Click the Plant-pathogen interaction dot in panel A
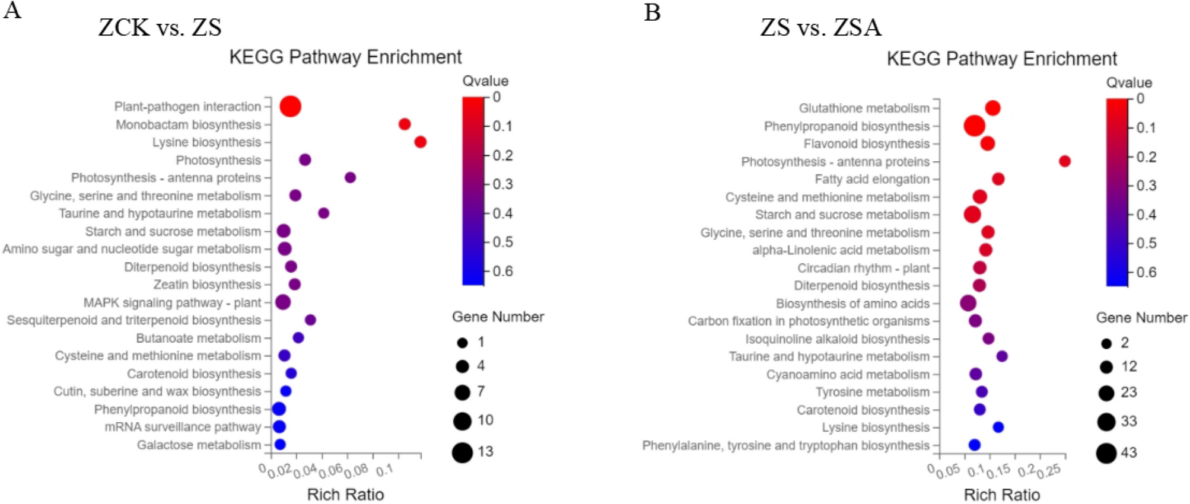[x=290, y=107]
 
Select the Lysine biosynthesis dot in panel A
[x=420, y=142]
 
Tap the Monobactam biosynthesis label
[x=188, y=125]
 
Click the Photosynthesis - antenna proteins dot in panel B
[x=1064, y=161]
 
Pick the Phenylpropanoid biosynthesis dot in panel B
[x=975, y=126]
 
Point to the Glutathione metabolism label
[x=864, y=108]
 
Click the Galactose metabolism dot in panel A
[x=280, y=445]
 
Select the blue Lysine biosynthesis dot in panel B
[x=998, y=427]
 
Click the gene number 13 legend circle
[x=462, y=452]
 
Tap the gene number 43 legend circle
[x=1106, y=453]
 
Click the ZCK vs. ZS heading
[x=160, y=27]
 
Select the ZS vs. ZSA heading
[x=820, y=27]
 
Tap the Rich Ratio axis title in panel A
[x=345, y=495]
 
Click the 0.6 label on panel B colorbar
[x=1146, y=272]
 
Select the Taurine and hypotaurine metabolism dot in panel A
[x=323, y=213]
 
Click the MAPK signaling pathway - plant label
[x=172, y=302]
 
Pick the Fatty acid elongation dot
[x=998, y=179]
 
